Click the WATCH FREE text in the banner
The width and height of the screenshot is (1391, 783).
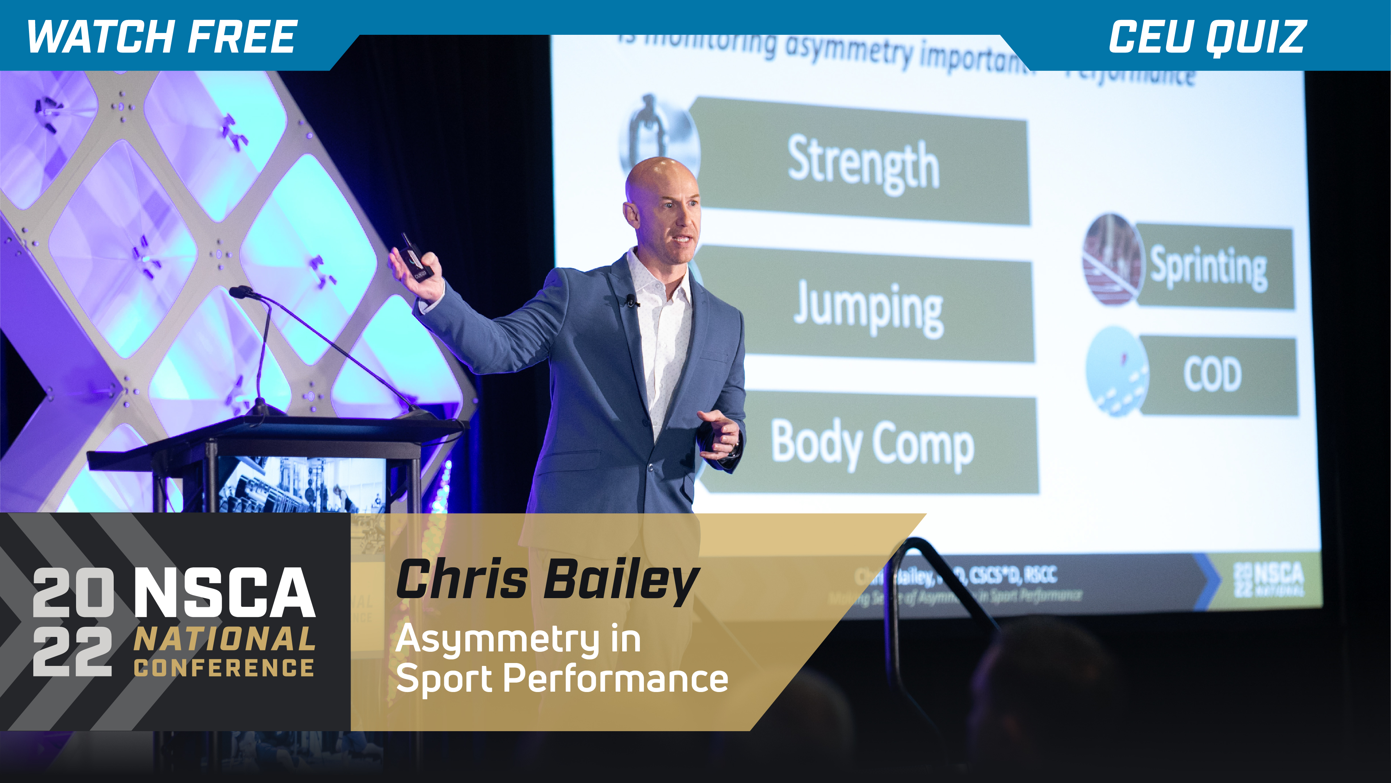click(x=162, y=37)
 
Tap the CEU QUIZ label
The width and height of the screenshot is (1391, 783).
click(x=1207, y=37)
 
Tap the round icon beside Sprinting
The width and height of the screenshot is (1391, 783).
click(x=1113, y=260)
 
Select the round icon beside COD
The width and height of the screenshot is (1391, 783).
click(x=1117, y=372)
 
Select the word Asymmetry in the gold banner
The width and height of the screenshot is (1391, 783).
click(x=497, y=639)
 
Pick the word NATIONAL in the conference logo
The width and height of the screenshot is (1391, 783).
click(x=224, y=639)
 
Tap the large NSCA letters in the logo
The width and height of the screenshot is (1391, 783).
click(x=224, y=592)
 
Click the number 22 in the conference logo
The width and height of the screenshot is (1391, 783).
click(x=72, y=652)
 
